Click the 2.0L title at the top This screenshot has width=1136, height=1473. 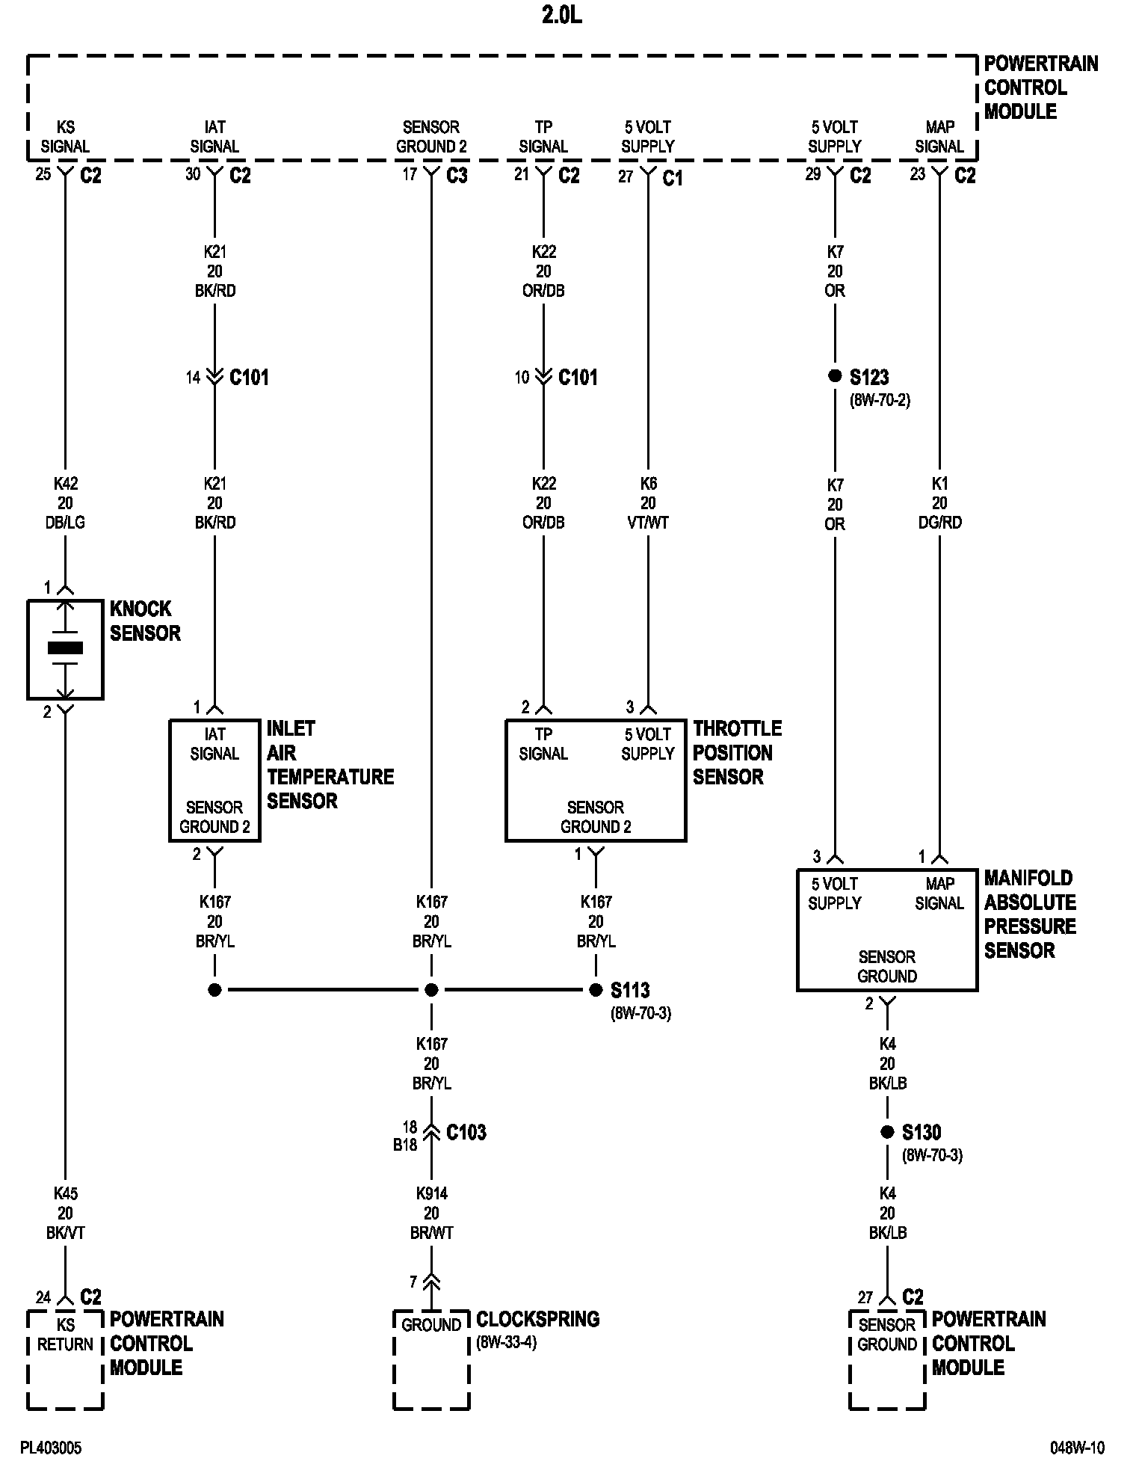click(561, 16)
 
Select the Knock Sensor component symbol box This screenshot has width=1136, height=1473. click(65, 649)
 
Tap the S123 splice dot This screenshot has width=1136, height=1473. click(835, 376)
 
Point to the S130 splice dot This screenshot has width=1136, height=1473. click(887, 1132)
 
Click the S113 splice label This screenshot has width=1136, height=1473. click(630, 991)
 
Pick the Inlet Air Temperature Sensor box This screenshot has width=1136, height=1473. click(214, 780)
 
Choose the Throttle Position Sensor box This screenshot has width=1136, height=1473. click(596, 780)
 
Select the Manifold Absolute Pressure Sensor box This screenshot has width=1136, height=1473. click(887, 929)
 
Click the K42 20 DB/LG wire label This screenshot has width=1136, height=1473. click(65, 503)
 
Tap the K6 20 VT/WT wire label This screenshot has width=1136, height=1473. click(648, 503)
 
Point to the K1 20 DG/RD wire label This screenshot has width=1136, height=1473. click(939, 503)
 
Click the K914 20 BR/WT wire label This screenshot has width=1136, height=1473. click(431, 1214)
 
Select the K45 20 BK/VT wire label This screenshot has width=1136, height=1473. click(65, 1214)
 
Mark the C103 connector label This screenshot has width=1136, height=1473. click(466, 1133)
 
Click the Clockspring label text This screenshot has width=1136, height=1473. click(537, 1319)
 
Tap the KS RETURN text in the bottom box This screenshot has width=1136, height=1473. click(65, 1335)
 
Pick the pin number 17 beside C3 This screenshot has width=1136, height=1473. click(409, 174)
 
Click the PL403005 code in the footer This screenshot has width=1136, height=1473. click(51, 1448)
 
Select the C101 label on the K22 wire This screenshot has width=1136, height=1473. click(578, 378)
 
